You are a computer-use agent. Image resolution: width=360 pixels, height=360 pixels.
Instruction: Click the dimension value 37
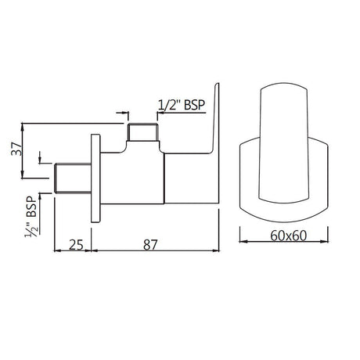click(x=16, y=149)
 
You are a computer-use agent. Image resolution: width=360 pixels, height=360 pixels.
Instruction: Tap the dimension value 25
click(x=76, y=245)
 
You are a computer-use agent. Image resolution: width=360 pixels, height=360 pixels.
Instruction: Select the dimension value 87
click(x=150, y=245)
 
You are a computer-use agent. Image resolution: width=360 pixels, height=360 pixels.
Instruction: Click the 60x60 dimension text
click(x=288, y=236)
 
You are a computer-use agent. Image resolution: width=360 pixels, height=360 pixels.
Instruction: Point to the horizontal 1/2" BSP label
click(x=182, y=105)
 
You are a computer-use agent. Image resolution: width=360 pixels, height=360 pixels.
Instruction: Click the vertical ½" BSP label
click(x=31, y=217)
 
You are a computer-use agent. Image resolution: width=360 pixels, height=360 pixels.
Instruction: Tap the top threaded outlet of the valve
click(x=143, y=132)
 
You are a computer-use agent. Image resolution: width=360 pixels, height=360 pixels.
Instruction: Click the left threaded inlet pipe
click(x=73, y=178)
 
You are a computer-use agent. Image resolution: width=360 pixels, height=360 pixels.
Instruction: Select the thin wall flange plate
click(x=95, y=178)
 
